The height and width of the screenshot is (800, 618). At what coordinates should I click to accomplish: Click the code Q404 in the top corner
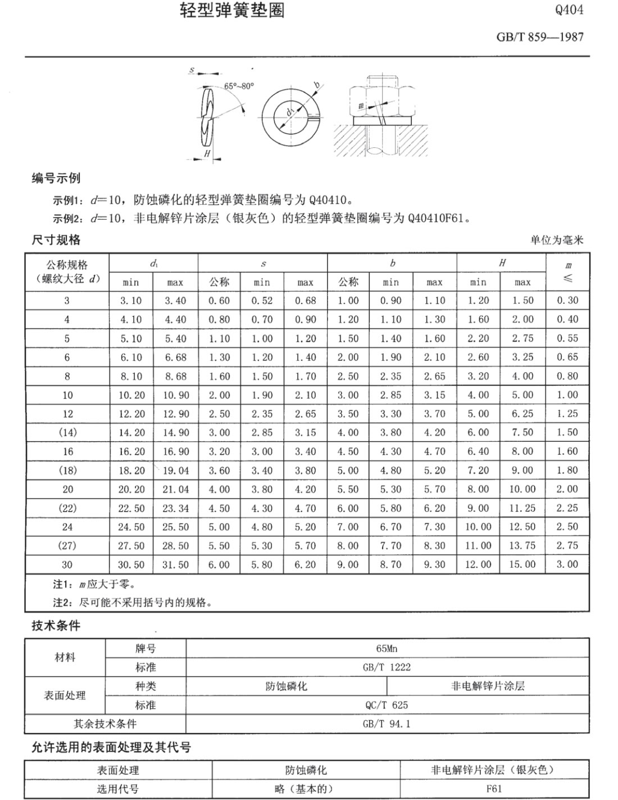(569, 10)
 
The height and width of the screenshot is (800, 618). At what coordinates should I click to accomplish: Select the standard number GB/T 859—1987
(540, 37)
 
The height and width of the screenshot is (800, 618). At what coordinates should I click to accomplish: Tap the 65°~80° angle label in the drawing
(239, 86)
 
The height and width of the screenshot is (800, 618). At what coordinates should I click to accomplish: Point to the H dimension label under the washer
(207, 153)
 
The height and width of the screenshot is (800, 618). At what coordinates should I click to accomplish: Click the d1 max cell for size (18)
(176, 471)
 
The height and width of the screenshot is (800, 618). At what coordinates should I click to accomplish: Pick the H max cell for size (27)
(522, 546)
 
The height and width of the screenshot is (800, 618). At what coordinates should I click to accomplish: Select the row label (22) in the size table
(67, 508)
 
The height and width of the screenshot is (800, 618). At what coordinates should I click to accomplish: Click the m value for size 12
(567, 414)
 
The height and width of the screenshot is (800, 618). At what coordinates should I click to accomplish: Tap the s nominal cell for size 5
(219, 338)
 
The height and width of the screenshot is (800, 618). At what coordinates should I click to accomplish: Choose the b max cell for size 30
(434, 564)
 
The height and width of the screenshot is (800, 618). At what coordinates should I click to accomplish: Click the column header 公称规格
(67, 265)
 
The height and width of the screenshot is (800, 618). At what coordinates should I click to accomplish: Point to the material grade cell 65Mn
(387, 648)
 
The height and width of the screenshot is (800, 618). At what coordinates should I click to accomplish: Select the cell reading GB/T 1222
(387, 667)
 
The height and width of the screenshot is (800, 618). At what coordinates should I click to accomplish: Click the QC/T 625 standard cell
(387, 705)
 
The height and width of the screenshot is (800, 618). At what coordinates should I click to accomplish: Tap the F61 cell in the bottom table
(494, 789)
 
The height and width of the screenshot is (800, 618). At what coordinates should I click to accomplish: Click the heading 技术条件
(56, 626)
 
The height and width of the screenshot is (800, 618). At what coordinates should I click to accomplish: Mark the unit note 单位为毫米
(557, 240)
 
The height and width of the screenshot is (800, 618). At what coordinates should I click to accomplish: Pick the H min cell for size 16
(478, 451)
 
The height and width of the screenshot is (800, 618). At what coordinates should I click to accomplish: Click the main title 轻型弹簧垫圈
(232, 10)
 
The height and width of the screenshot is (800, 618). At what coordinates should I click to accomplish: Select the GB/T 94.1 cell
(387, 724)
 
